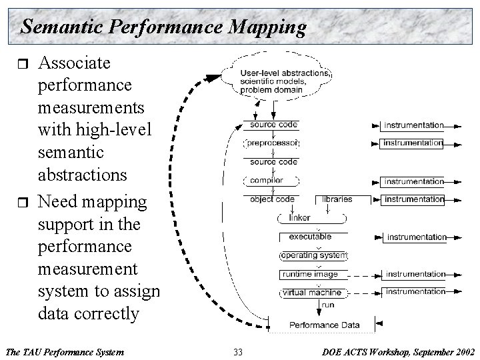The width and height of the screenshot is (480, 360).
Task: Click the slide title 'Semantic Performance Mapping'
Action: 163,27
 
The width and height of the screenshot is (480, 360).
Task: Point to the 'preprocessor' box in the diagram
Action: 273,143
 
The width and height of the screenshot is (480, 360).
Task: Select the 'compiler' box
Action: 267,181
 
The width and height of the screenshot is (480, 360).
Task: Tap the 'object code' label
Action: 272,199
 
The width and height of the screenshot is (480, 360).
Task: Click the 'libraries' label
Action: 337,199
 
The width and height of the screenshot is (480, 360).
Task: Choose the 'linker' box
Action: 299,218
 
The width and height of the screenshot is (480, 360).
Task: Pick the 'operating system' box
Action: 313,255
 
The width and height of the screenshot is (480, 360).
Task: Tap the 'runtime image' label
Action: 309,274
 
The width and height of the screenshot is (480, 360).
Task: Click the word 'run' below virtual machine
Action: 327,305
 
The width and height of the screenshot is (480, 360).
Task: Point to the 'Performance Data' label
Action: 324,325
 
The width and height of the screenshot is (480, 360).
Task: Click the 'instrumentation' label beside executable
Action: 417,237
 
